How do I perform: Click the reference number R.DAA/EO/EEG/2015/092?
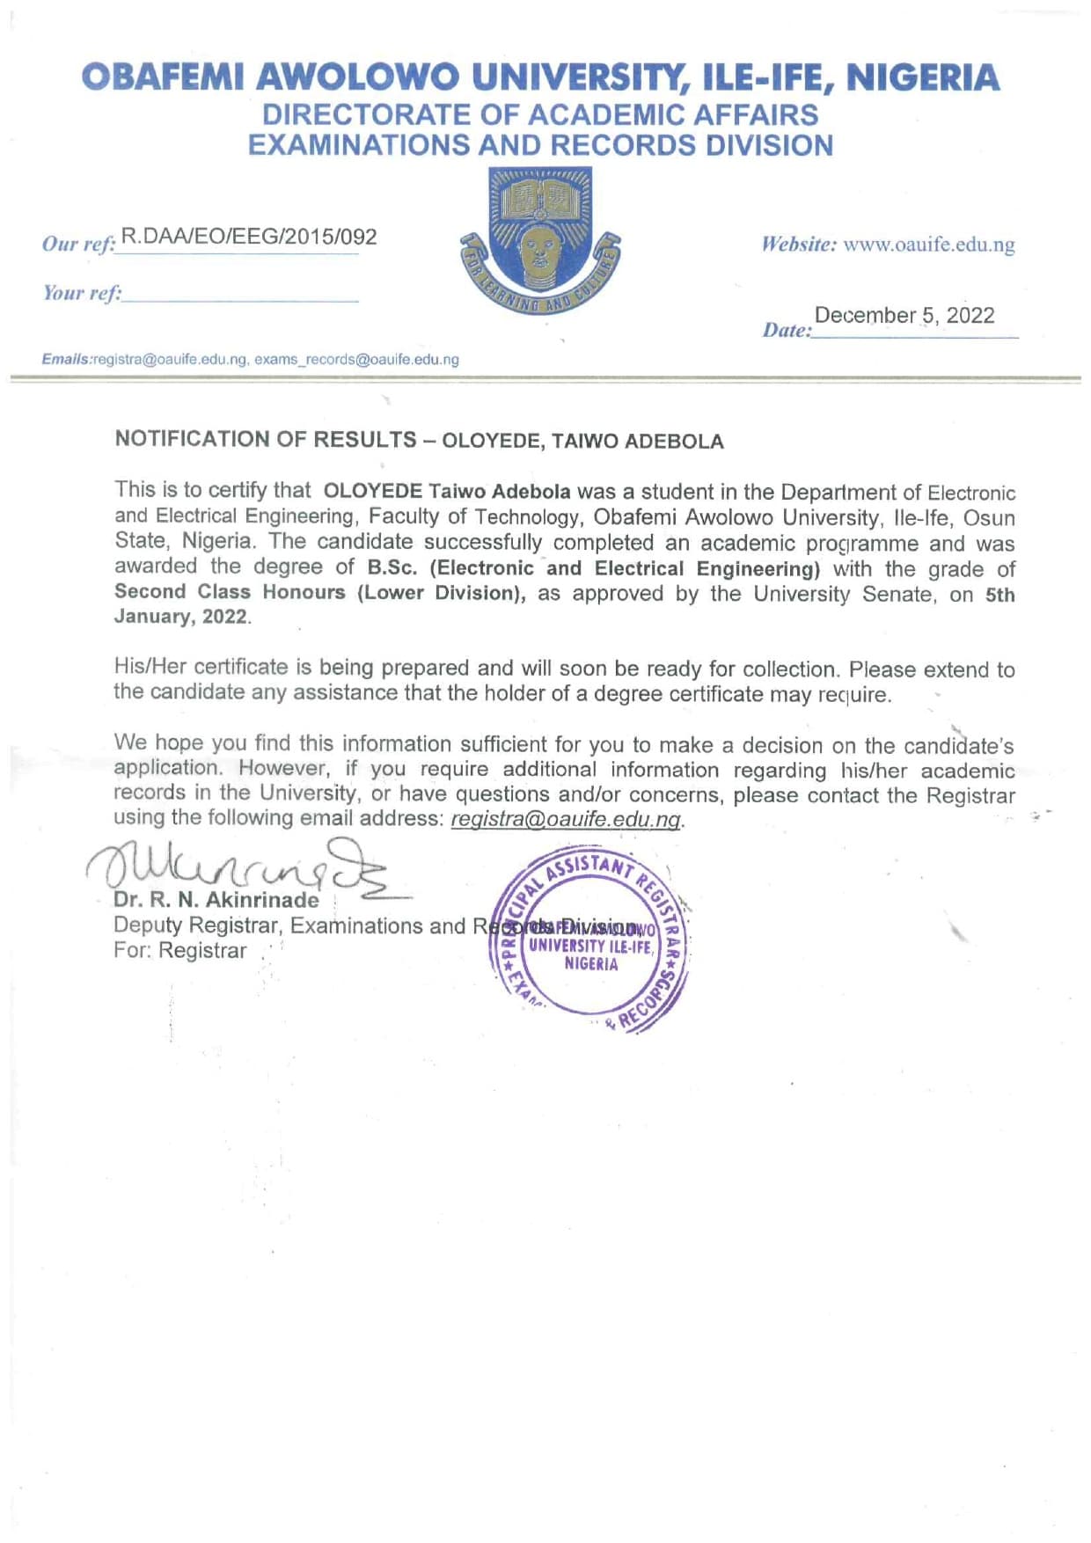pyautogui.click(x=249, y=237)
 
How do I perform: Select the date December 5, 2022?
pyautogui.click(x=904, y=316)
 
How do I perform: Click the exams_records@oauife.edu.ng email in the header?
pyautogui.click(x=356, y=360)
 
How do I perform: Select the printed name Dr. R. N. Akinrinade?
pyautogui.click(x=216, y=900)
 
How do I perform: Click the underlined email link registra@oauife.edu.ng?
pyautogui.click(x=566, y=819)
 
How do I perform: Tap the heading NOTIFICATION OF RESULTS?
pyautogui.click(x=266, y=439)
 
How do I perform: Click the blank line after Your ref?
pyautogui.click(x=240, y=297)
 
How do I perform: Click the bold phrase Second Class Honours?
pyautogui.click(x=230, y=592)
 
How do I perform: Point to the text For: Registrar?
pyautogui.click(x=179, y=951)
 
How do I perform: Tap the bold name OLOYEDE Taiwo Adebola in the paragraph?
pyautogui.click(x=447, y=491)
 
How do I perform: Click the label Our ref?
pyautogui.click(x=79, y=244)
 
